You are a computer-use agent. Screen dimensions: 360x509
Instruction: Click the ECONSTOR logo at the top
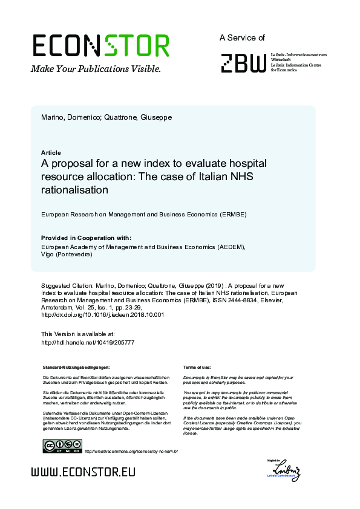coord(100,46)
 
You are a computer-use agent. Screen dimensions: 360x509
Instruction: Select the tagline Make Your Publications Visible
coord(96,69)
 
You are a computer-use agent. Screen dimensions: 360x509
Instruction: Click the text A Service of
coord(242,37)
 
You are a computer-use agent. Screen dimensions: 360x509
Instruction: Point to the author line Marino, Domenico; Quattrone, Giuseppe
coord(106,117)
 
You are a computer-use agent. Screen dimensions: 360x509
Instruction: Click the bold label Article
coord(51,153)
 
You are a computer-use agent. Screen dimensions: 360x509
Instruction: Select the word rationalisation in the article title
coord(74,190)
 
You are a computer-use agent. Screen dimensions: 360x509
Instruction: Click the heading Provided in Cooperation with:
coord(86,238)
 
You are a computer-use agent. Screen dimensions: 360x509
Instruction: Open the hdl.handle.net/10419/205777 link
coord(87,342)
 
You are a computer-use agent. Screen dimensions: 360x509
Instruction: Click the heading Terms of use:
coord(197,367)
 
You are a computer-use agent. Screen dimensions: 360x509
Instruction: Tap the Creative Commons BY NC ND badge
coord(62,447)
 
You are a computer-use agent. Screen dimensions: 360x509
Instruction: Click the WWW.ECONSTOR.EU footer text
coord(83,472)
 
